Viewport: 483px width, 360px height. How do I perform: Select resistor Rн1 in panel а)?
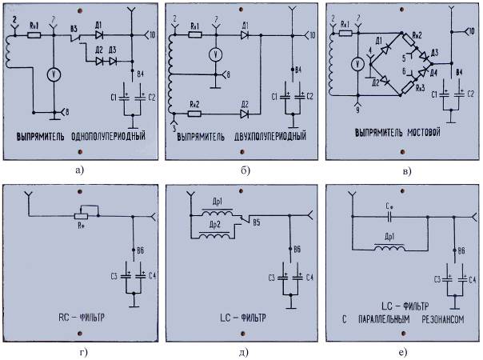(34, 35)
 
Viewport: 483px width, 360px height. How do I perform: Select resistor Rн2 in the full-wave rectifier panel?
(194, 114)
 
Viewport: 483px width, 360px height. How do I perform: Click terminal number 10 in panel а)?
(152, 35)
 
